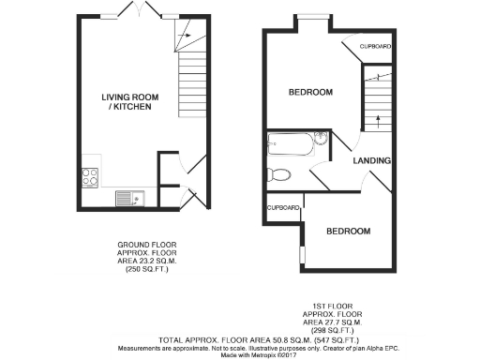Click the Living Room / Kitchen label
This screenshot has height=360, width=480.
click(127, 102)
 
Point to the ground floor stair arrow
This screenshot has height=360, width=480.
click(185, 37)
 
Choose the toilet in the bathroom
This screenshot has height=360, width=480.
click(277, 173)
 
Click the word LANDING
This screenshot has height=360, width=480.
click(372, 161)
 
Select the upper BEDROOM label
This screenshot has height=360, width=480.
click(309, 92)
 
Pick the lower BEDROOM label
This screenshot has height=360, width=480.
click(347, 232)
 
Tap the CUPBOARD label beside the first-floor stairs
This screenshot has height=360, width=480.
click(375, 46)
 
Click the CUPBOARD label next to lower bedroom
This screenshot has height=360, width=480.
click(283, 207)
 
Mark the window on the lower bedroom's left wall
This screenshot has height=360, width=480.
click(301, 254)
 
